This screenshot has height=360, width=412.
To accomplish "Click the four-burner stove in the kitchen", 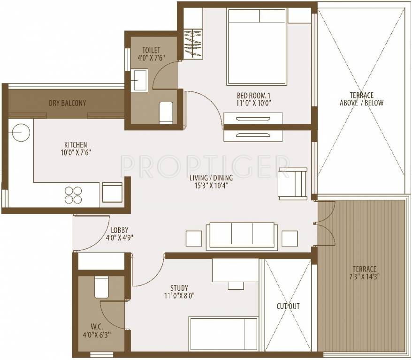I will point(73,195).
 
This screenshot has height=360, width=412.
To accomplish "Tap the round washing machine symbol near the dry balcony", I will point(21,133).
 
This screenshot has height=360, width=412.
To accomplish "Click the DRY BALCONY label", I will point(68,103).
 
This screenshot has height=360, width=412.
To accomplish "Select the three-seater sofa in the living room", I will point(242,235).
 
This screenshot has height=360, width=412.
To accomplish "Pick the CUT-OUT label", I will point(288,307).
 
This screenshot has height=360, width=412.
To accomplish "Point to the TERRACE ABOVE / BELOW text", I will point(362,99).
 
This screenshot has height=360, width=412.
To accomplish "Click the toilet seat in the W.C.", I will point(101,287).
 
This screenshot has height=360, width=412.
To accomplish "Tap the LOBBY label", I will point(120,230).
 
